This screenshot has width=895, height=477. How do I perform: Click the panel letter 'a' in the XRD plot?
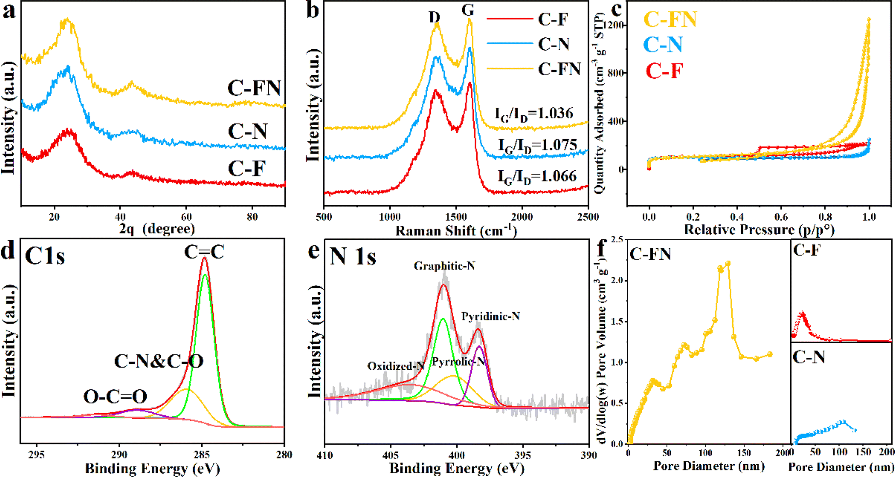click(x=9, y=11)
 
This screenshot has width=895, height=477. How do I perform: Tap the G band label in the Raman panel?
click(x=468, y=10)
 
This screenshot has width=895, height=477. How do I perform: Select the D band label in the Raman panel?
click(x=434, y=17)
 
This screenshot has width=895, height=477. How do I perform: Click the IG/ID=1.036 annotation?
click(x=534, y=114)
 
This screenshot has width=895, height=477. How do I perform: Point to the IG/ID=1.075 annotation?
click(x=537, y=145)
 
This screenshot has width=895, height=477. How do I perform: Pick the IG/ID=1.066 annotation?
click(x=537, y=176)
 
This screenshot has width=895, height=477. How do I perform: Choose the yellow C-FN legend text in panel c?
click(x=670, y=19)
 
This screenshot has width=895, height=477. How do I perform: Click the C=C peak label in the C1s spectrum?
click(x=204, y=252)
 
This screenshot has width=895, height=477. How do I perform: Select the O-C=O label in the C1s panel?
click(x=115, y=397)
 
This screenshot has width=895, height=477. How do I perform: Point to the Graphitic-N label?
click(x=444, y=266)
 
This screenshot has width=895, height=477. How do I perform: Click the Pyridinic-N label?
click(x=491, y=316)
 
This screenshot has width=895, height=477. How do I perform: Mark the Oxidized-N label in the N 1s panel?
click(x=396, y=366)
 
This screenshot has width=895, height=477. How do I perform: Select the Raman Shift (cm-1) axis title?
click(x=456, y=230)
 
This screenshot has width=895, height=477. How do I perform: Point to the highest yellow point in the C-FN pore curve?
click(x=728, y=264)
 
